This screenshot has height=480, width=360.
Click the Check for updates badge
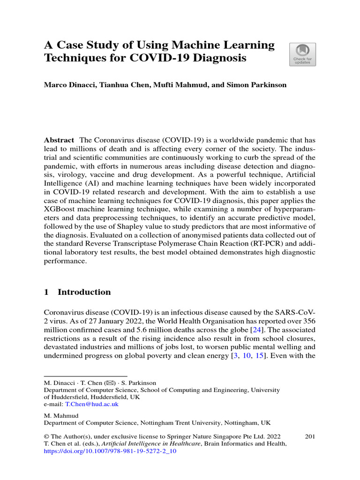pos(303,54)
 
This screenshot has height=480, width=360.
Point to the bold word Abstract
pos(59,140)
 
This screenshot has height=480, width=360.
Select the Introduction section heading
pos(84,292)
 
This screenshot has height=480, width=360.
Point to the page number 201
pos(309,437)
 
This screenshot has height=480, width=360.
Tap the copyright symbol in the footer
pos(46,437)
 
